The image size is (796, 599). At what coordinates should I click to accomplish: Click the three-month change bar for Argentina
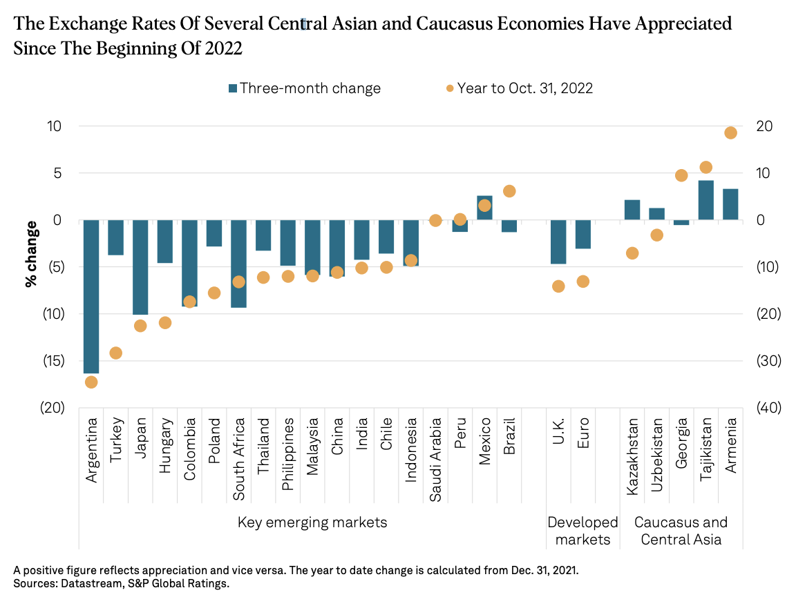coord(91,297)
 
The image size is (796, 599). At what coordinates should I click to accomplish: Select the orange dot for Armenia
coord(730,132)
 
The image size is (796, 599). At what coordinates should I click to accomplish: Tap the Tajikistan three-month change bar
coord(705,200)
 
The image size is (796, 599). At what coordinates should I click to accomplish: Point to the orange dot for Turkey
coord(115,353)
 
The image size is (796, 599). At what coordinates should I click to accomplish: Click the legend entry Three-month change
coord(305,88)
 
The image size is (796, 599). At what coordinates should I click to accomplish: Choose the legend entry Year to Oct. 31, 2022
coord(519,88)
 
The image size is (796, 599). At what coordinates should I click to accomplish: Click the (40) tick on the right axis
coord(768,407)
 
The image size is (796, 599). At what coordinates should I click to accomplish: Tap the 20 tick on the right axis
coord(764,126)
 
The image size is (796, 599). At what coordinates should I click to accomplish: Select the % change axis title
coord(31,253)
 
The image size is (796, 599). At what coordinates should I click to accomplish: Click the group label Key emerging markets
coord(312,522)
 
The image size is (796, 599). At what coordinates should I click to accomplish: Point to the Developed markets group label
coord(582,531)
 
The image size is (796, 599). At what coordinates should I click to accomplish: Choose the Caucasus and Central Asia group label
coord(681,531)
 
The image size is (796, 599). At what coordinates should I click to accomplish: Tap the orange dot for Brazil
coord(509,191)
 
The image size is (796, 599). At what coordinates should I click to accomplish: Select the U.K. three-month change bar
coord(558,242)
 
